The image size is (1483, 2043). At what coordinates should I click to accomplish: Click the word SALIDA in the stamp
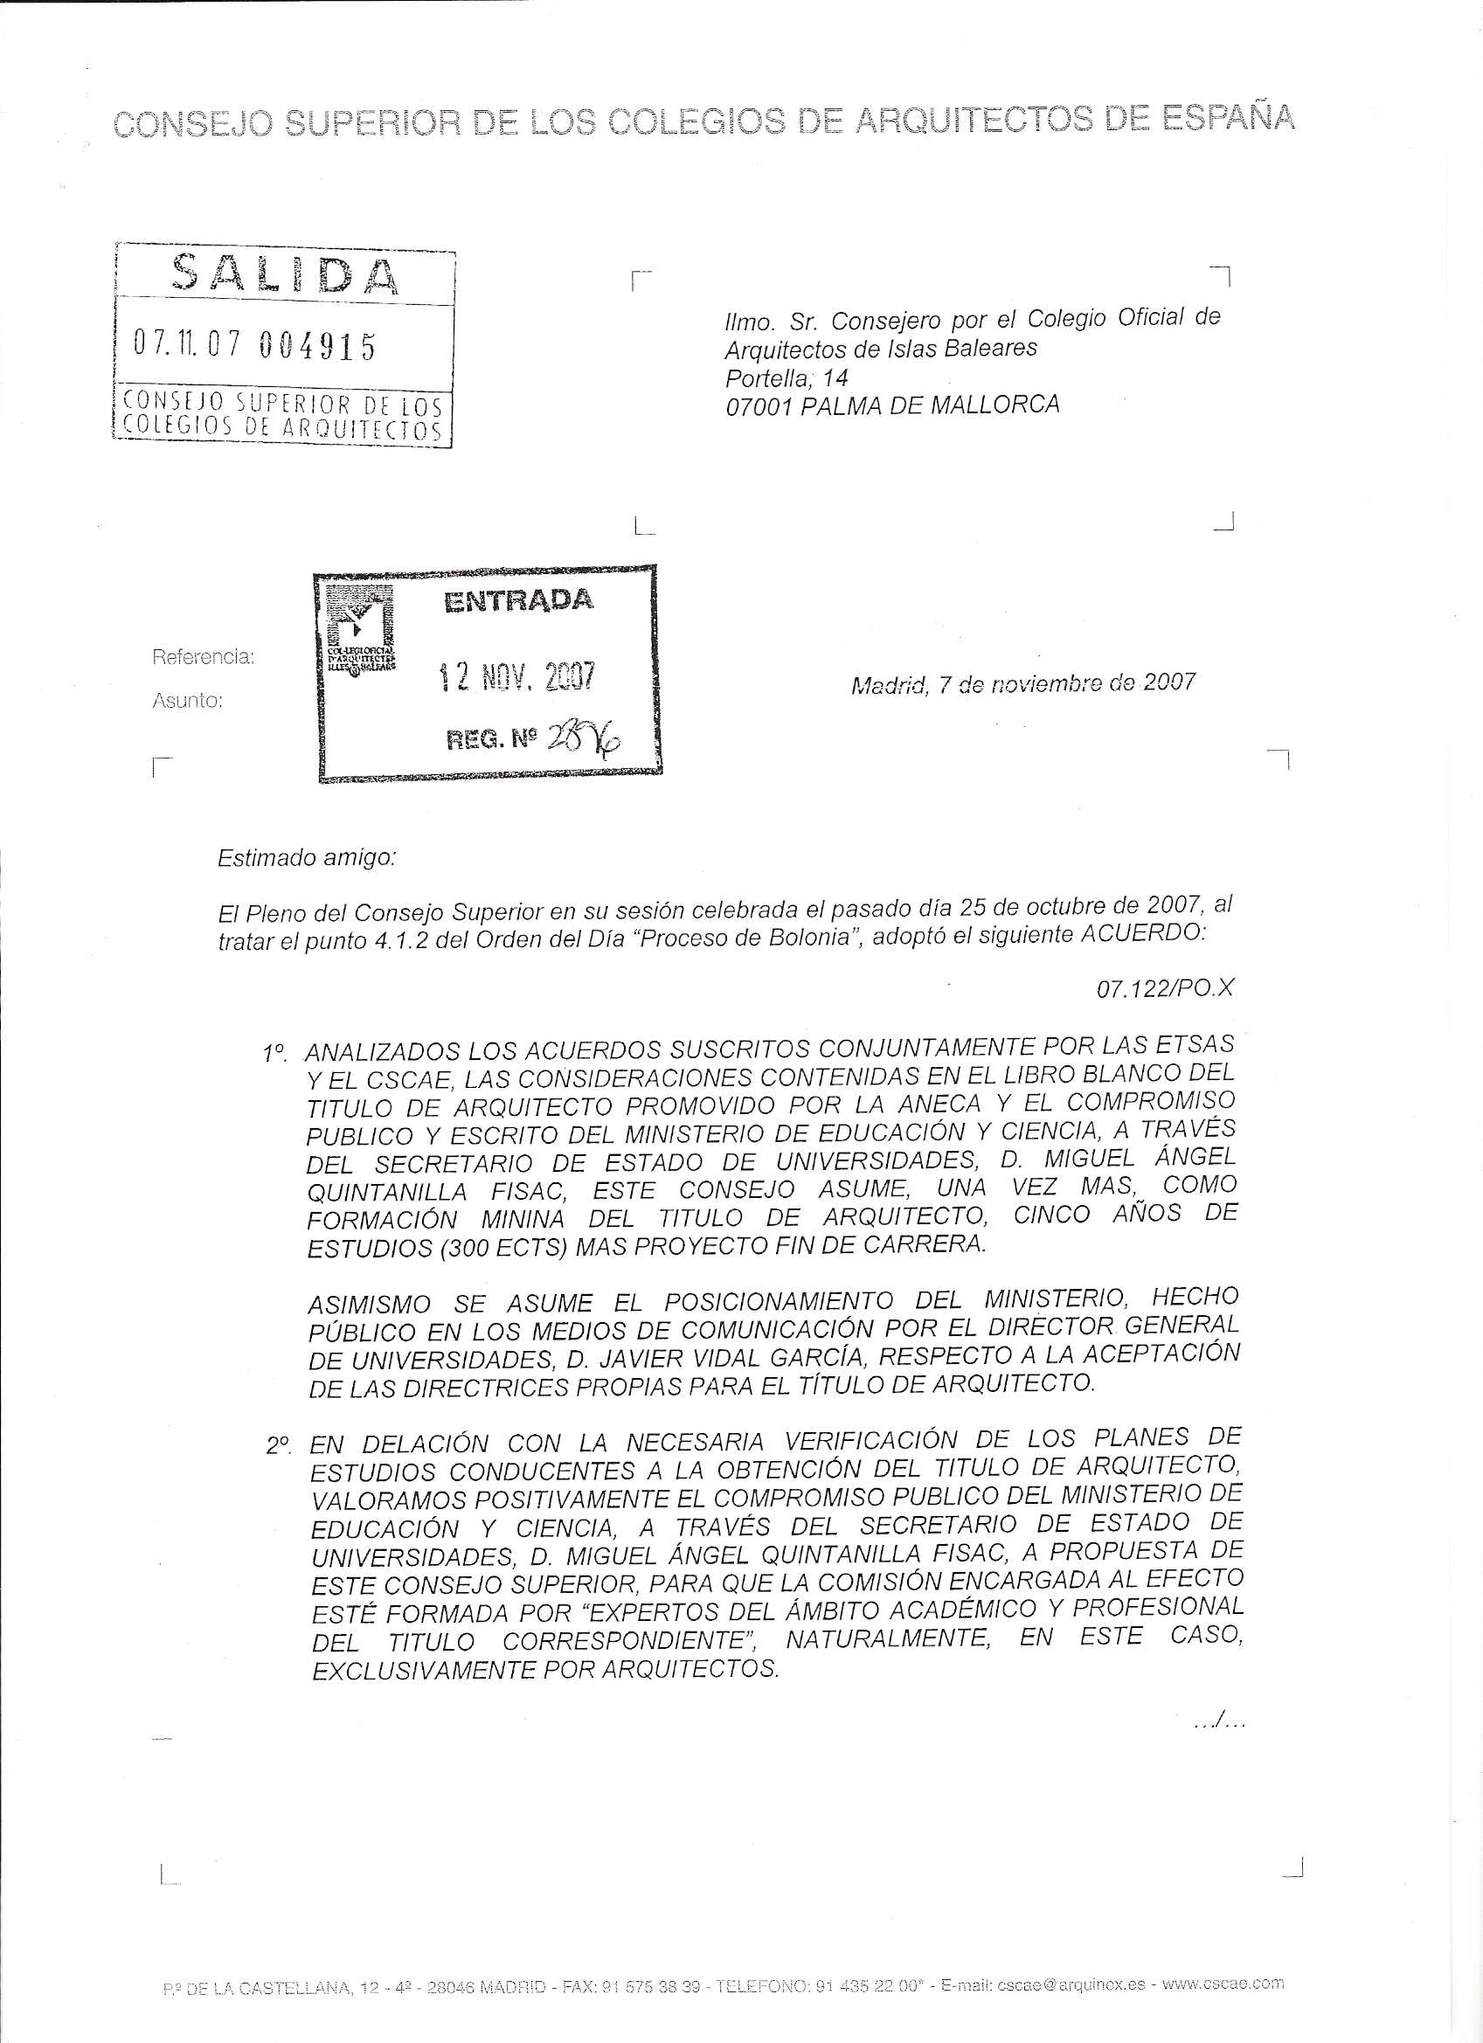pos(285,273)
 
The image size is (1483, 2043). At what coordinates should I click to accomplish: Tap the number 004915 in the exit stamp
pos(316,347)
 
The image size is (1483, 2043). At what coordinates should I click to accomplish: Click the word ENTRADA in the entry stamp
pos(518,601)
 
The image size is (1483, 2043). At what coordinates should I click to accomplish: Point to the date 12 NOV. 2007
pos(516,676)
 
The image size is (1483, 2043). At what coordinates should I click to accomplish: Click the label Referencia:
pos(203,658)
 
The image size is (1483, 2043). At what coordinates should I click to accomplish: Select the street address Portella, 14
pos(787,377)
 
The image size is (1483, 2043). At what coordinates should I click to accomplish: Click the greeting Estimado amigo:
pos(307,857)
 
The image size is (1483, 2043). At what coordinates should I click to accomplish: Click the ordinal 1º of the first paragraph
pos(274,1052)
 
